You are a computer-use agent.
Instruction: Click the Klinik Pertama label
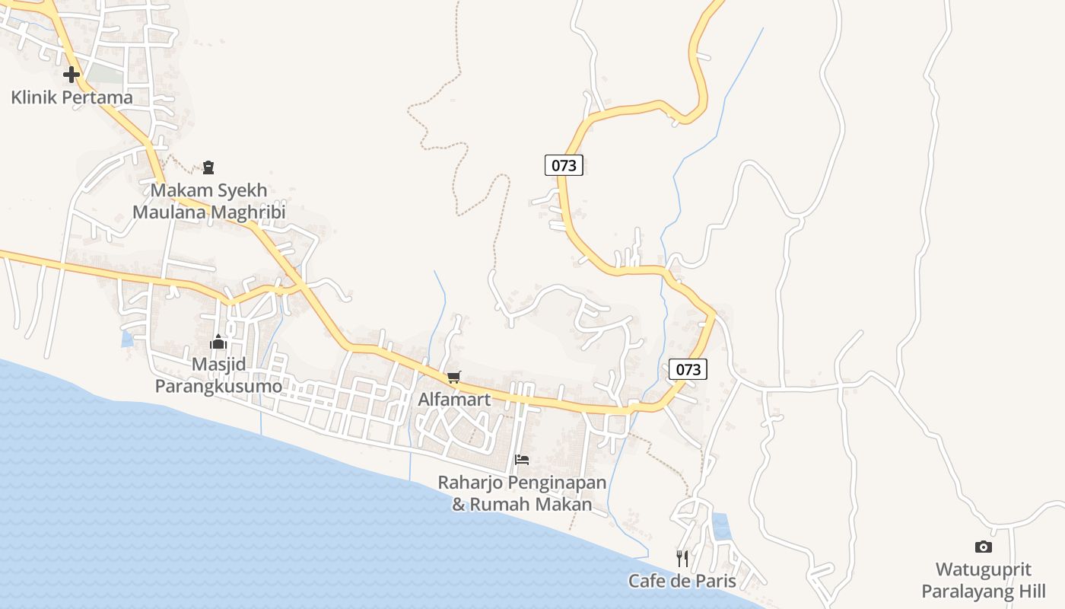coord(72,97)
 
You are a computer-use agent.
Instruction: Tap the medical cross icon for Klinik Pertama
coord(72,75)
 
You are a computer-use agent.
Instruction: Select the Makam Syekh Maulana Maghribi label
coord(208,201)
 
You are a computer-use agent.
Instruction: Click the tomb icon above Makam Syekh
coord(208,167)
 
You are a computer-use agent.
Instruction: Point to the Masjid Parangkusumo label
coord(218,375)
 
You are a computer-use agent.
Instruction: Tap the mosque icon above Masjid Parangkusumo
coord(218,341)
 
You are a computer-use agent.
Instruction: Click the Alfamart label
coord(454,399)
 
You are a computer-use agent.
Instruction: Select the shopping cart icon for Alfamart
coord(454,377)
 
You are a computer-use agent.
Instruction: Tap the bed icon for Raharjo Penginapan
coord(522,459)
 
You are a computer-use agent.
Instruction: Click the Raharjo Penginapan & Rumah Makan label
coord(522,493)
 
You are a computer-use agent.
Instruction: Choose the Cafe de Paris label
coord(682,581)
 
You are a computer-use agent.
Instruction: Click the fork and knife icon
coord(682,559)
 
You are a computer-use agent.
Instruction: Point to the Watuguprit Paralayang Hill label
coord(984,580)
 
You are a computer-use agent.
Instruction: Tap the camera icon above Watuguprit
coord(984,547)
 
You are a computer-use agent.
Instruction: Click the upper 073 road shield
coord(564,164)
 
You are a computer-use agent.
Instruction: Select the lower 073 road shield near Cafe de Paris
coord(688,369)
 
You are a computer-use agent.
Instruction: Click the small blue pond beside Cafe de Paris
coord(720,526)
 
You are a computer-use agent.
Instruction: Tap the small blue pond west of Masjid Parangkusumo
coord(127,339)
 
